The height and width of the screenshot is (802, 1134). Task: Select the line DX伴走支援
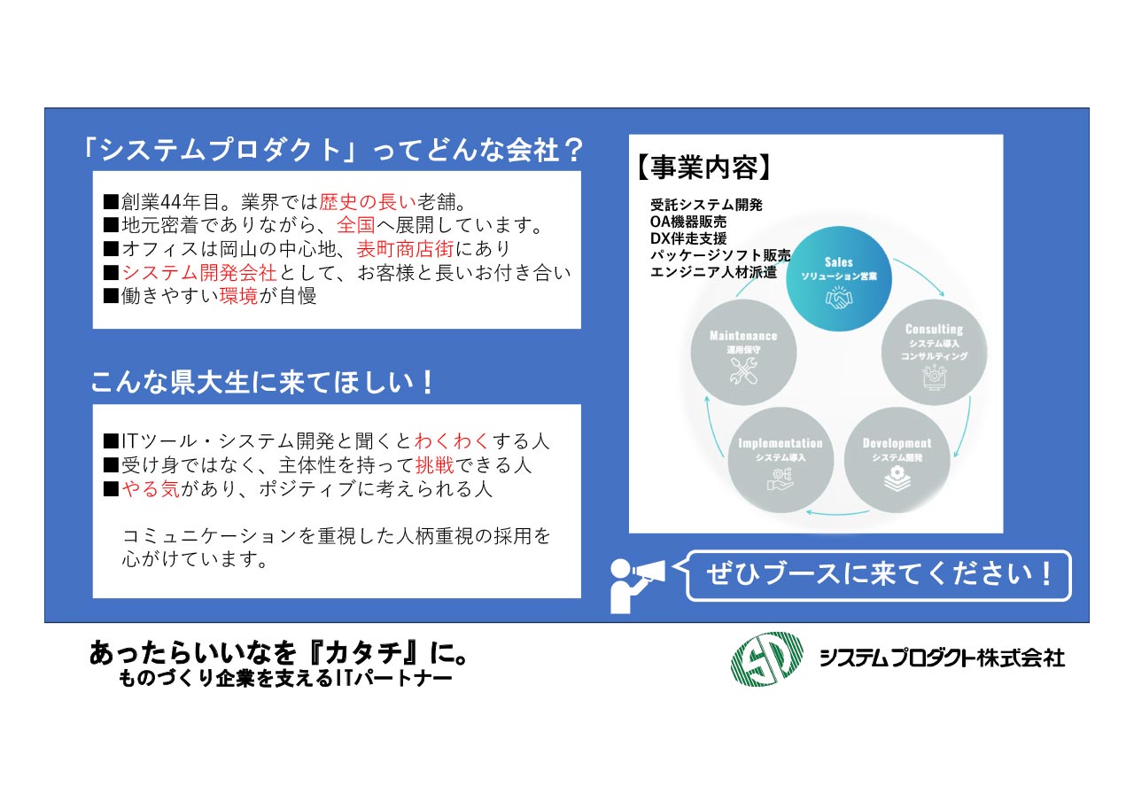(688, 238)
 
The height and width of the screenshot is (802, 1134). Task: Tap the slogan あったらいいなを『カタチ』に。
(279, 654)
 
